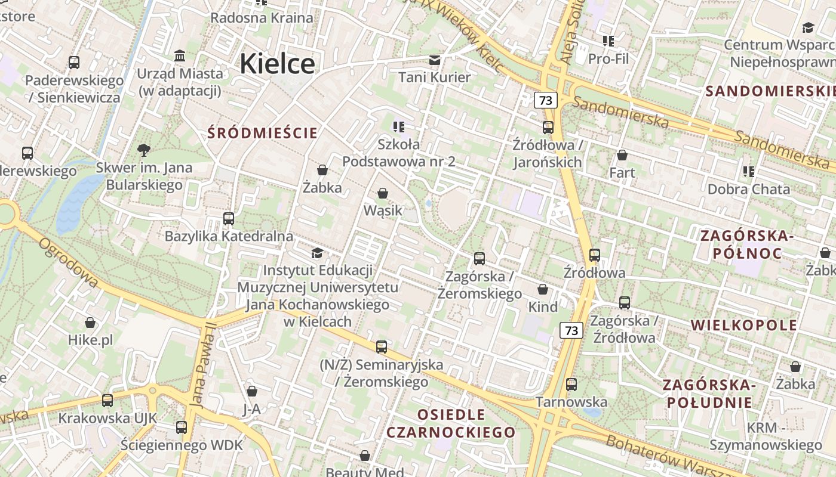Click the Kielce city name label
pos(277,64)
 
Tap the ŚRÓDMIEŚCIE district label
pos(263,132)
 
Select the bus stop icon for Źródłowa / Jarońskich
pos(548,127)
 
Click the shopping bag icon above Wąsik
pos(383,193)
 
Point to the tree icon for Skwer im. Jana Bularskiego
pos(143,150)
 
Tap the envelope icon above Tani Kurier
pos(435,60)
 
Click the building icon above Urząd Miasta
pos(180,56)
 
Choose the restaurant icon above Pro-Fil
pos(608,41)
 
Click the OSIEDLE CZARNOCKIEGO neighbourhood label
pos(451,423)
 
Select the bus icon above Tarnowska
pos(571,385)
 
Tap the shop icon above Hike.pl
pos(90,323)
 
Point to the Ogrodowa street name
pos(69,262)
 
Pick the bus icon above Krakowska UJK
pos(107,401)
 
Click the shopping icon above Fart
pos(622,155)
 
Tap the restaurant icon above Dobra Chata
pos(749,172)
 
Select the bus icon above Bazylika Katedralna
pos(229,219)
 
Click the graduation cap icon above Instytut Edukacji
pos(317,253)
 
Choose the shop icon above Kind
pos(543,289)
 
